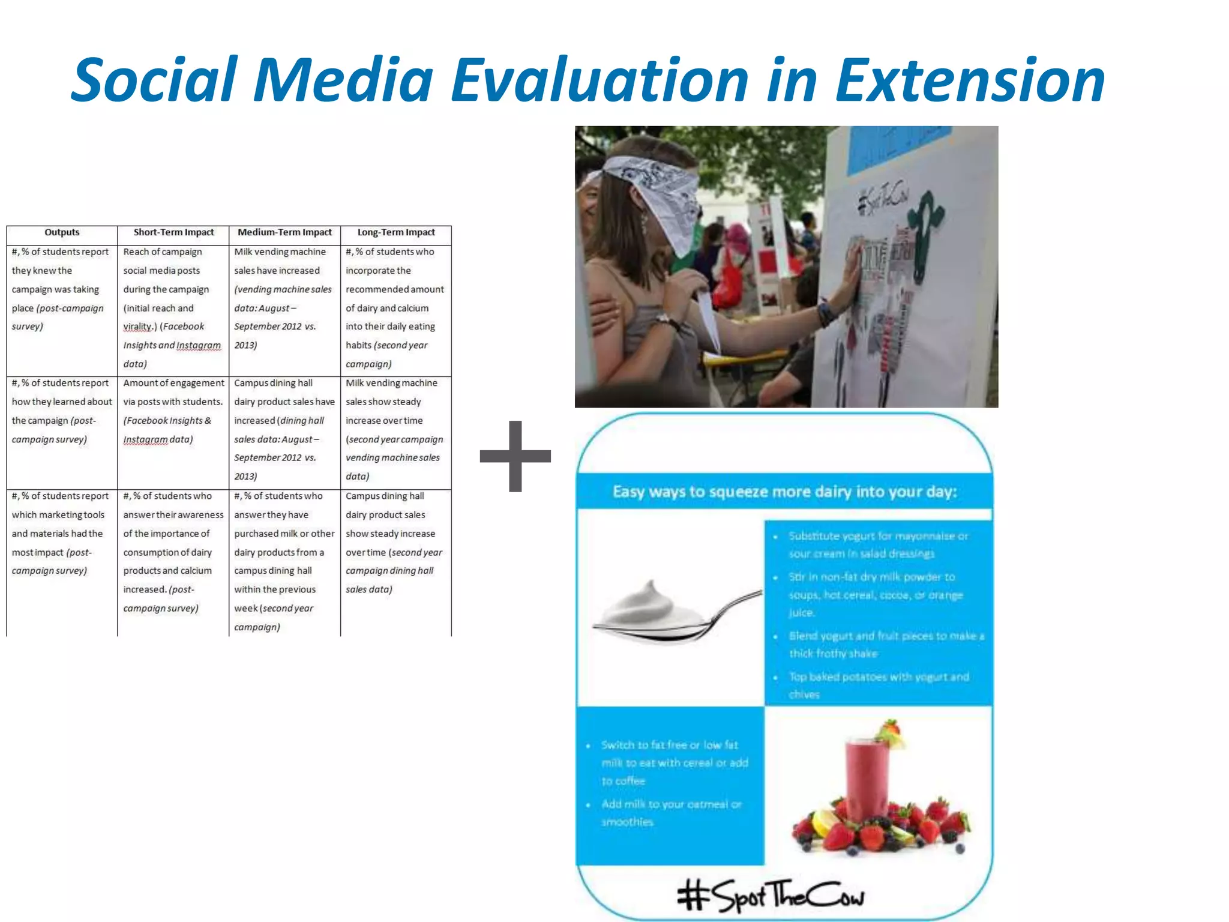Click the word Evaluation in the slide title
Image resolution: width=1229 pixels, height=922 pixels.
coord(599,80)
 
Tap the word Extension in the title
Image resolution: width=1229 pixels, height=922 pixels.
coord(969,80)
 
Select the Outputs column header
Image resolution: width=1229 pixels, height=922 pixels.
coord(62,232)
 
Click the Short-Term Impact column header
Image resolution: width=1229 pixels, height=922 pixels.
coord(173,232)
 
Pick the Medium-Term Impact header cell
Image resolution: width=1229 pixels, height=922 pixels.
coord(284,232)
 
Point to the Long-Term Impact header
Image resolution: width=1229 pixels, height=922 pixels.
coord(396,232)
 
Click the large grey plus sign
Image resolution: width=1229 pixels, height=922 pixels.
coord(515,456)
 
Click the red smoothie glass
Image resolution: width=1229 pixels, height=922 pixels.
coord(867,780)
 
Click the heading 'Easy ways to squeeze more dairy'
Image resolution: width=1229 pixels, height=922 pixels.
coord(784,492)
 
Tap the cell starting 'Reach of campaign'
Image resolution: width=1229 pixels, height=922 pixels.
coord(173,307)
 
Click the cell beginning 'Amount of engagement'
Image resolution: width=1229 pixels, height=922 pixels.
coord(173,411)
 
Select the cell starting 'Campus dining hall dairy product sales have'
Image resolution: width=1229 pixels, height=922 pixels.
coord(284,429)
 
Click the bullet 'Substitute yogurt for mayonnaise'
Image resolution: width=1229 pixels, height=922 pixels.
coord(877,544)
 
